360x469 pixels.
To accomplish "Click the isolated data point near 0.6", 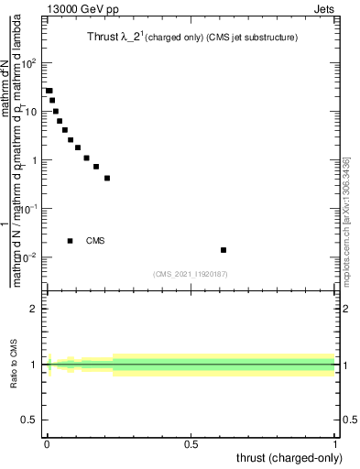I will click(224, 250).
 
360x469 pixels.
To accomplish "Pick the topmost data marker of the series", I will click(49, 91).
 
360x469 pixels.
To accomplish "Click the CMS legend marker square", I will click(70, 241).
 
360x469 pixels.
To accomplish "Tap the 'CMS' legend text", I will click(95, 241).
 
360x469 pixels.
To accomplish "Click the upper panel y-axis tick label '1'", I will click(34, 160).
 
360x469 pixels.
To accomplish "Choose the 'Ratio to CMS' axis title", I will click(14, 365).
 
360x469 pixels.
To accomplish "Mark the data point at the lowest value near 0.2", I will click(107, 178).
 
